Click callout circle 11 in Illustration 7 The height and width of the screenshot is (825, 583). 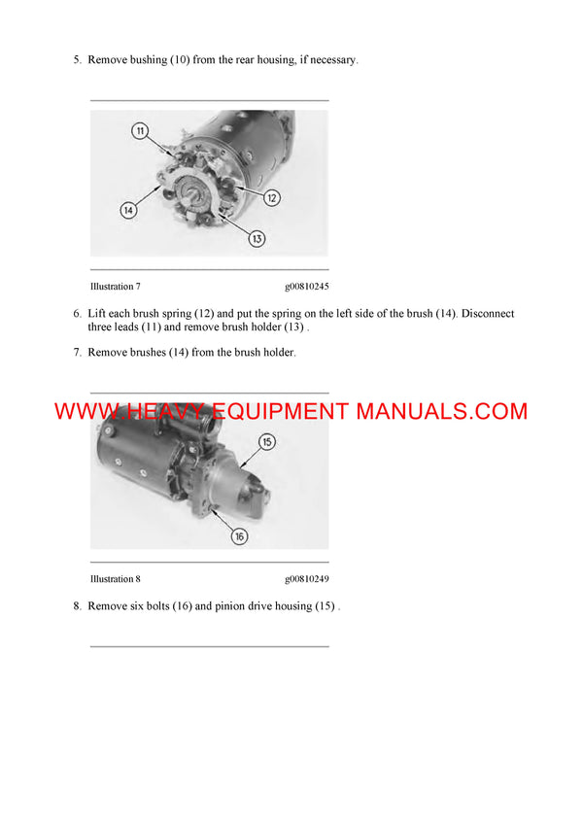(x=140, y=130)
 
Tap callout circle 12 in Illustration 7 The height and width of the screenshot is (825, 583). (x=272, y=198)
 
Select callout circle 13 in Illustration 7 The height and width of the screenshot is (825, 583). (x=257, y=238)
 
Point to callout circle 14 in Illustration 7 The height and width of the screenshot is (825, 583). (x=127, y=209)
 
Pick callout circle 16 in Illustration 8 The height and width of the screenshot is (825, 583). (x=240, y=534)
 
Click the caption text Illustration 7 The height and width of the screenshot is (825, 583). (x=115, y=287)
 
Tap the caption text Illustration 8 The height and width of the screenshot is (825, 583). (x=115, y=579)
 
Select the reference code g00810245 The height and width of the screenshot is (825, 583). (x=307, y=287)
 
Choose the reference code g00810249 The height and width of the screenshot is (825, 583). (x=307, y=579)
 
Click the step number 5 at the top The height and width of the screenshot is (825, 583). (x=77, y=60)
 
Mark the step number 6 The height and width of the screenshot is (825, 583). (x=77, y=314)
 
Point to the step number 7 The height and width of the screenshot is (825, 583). (x=77, y=352)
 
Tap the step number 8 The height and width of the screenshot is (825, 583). (x=77, y=606)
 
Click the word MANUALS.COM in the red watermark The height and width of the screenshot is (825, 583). (x=441, y=411)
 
